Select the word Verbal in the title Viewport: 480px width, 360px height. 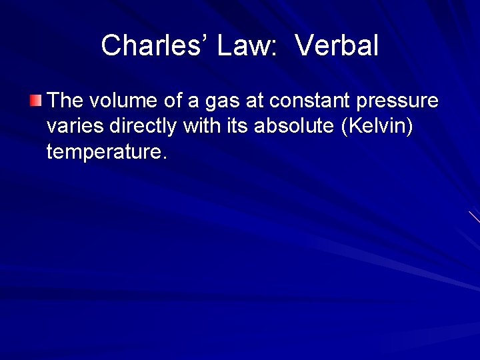pos(336,45)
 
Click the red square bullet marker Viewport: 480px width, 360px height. pos(35,101)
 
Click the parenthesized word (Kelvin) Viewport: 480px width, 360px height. pos(377,126)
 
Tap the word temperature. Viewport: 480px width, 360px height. pos(105,152)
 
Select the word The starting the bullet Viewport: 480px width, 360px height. pos(65,101)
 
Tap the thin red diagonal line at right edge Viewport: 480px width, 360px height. pos(474,217)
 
